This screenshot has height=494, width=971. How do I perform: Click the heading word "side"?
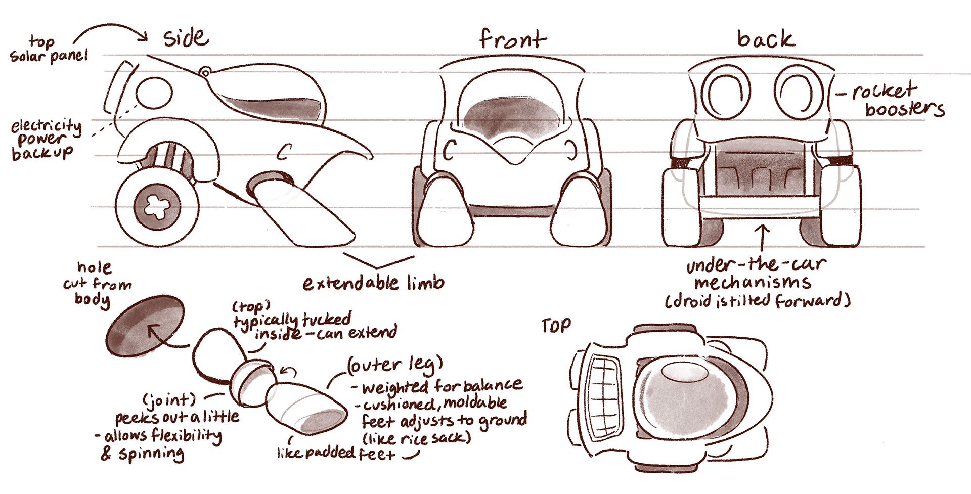[x=186, y=38]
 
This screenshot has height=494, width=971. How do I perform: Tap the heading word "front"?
[x=512, y=39]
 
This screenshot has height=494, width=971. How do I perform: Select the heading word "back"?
[x=766, y=39]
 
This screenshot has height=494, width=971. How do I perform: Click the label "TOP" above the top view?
[x=556, y=326]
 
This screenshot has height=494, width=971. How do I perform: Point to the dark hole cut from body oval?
[x=145, y=326]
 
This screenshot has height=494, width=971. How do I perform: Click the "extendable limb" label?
[x=373, y=283]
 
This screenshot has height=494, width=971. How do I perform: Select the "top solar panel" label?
[x=49, y=49]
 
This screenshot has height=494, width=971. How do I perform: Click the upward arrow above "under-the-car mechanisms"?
[x=763, y=235]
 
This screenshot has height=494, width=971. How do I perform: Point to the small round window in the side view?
[x=154, y=93]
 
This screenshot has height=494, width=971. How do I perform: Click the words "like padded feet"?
[x=336, y=453]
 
